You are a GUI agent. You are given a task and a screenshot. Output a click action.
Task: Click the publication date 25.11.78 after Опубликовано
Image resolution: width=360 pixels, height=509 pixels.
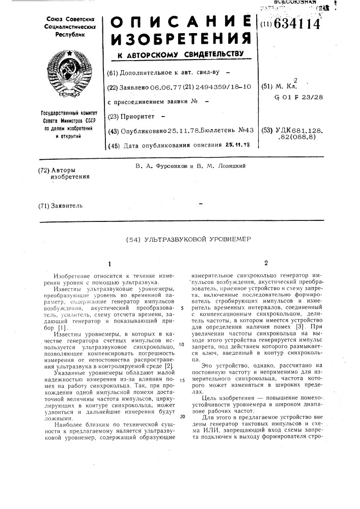tap(182, 131)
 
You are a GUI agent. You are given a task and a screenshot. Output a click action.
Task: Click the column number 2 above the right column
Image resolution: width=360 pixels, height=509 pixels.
tap(265, 264)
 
